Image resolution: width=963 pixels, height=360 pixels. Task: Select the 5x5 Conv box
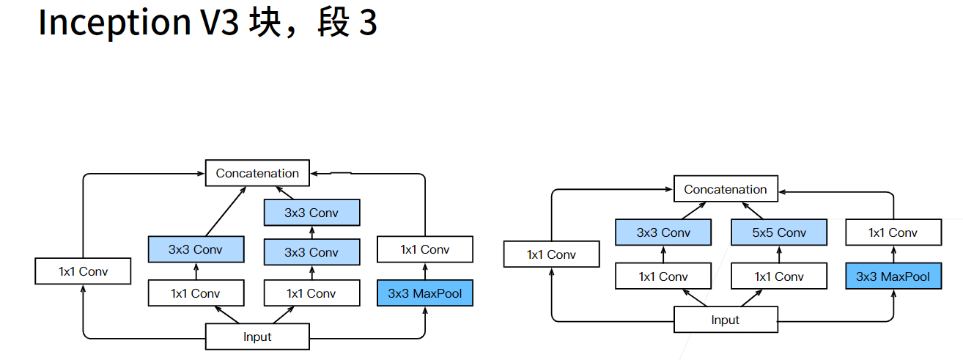[x=778, y=233]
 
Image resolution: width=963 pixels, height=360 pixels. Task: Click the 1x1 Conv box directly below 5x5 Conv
[x=778, y=276]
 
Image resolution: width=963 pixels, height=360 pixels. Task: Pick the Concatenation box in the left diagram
[x=257, y=173]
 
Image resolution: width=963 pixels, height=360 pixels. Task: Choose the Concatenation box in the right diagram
[x=726, y=189]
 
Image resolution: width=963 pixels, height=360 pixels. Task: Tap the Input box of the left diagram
[x=257, y=337]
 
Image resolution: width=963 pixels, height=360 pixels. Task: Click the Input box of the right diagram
[x=726, y=320]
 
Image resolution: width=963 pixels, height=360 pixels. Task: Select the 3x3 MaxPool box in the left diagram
[x=425, y=293]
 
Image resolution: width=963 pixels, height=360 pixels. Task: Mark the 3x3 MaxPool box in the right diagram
[x=893, y=276]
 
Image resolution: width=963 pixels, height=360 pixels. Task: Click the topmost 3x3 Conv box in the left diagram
[x=312, y=213]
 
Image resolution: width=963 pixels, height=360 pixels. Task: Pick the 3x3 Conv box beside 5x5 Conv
[x=663, y=233]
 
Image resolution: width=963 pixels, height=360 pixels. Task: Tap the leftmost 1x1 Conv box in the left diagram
[x=83, y=271]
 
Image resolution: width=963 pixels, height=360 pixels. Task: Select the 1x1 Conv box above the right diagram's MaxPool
[x=893, y=233]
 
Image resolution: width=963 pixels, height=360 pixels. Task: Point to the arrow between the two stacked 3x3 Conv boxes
[x=312, y=232]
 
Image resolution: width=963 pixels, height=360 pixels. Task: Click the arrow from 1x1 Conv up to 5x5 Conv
[x=778, y=255]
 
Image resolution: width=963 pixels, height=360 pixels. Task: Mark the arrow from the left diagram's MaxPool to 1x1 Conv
[x=425, y=271]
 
